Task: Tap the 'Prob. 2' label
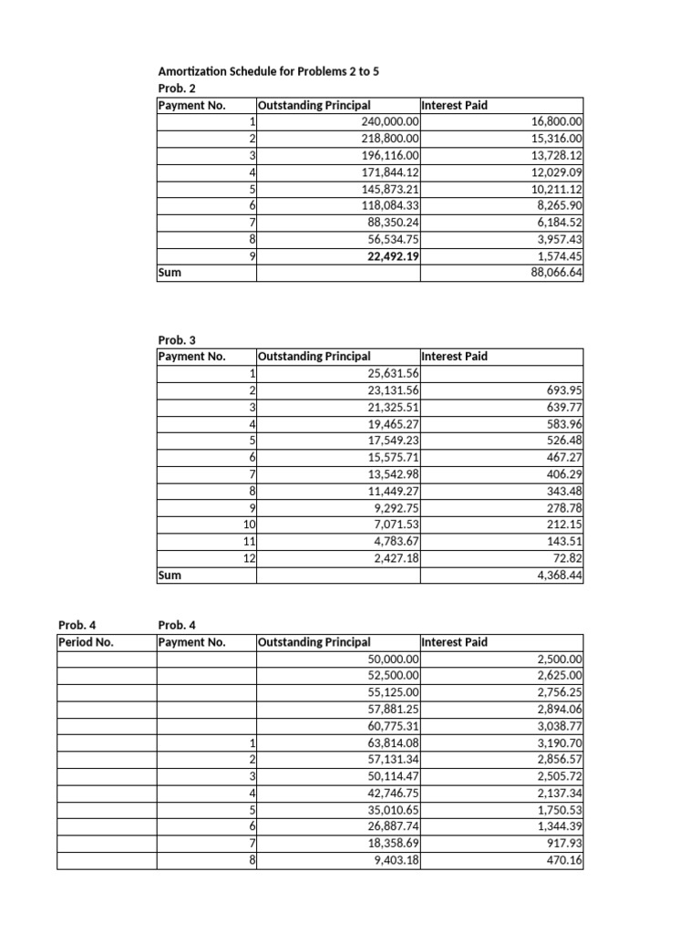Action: [177, 88]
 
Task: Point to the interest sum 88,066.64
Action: [556, 273]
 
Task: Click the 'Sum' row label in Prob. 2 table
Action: [170, 273]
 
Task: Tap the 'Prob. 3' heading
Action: [177, 339]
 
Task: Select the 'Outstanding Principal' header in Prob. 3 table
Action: [315, 357]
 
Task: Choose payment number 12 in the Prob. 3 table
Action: [249, 558]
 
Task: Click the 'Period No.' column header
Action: [86, 642]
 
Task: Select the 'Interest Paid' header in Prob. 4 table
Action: [454, 642]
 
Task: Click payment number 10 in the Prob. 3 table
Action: [249, 524]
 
